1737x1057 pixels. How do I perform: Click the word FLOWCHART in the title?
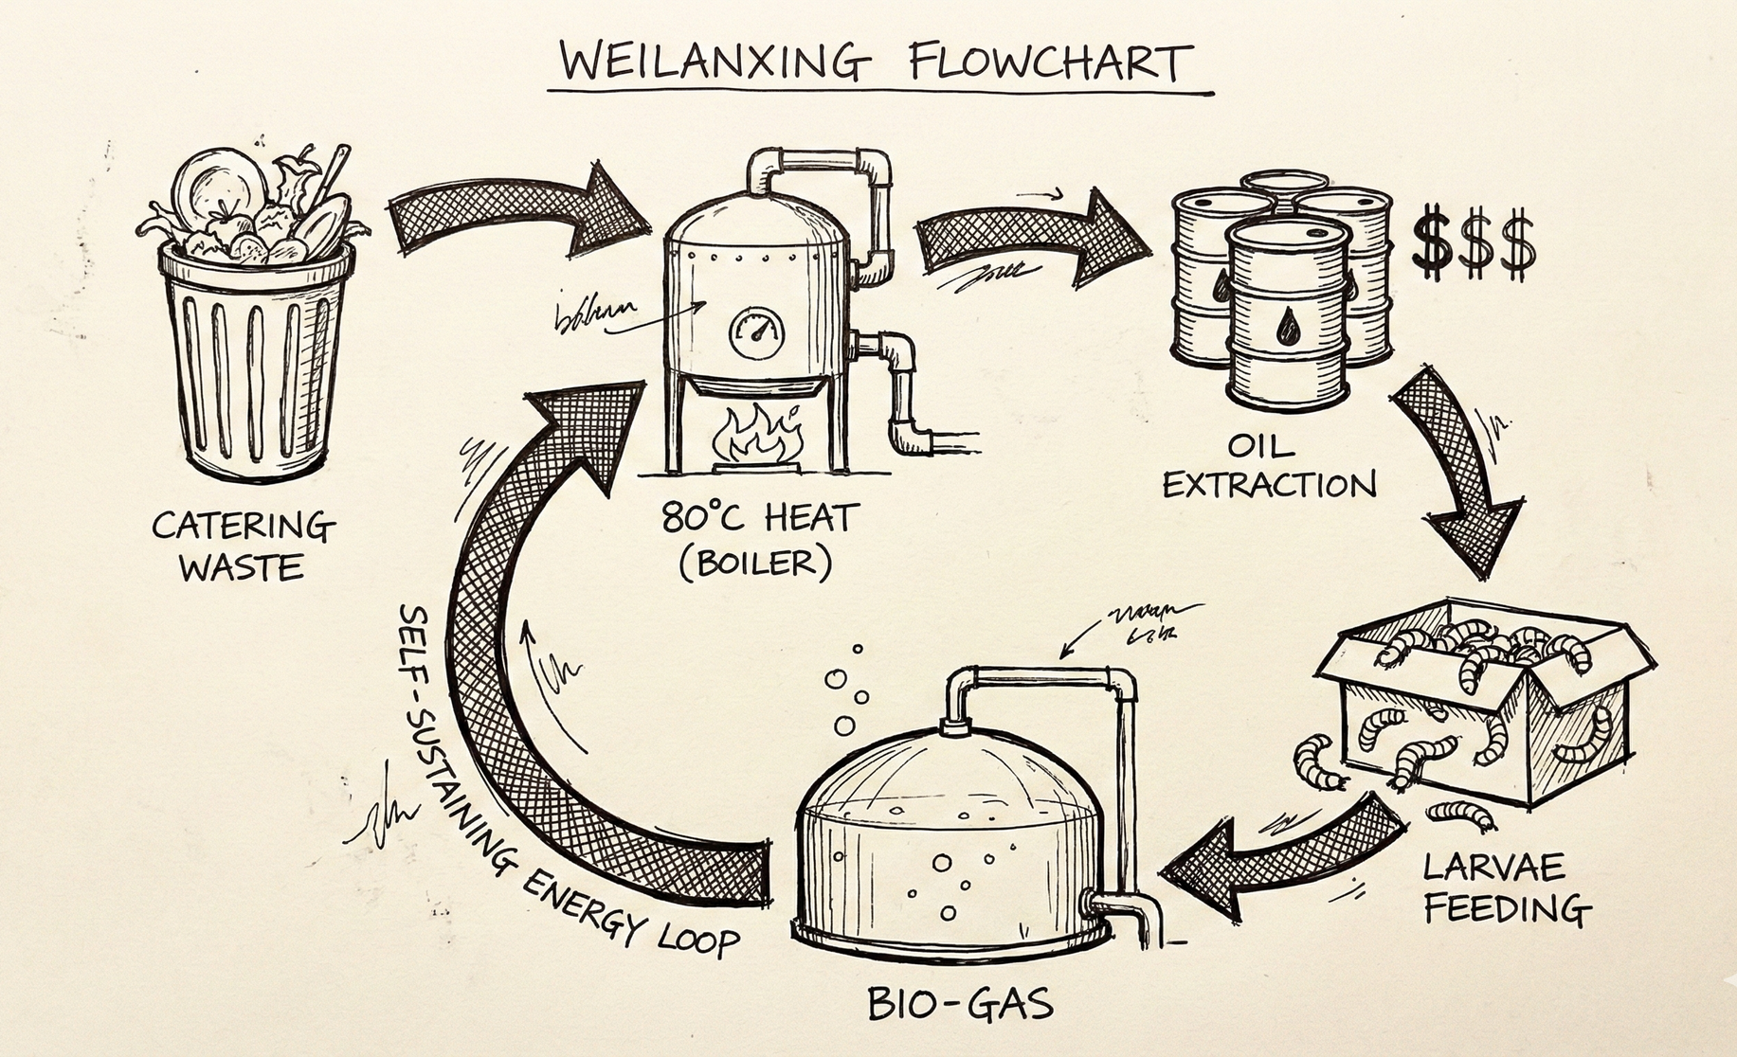(x=1046, y=63)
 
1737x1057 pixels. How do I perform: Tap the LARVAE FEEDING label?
(x=1507, y=887)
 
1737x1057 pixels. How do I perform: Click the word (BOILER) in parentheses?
(x=756, y=564)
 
